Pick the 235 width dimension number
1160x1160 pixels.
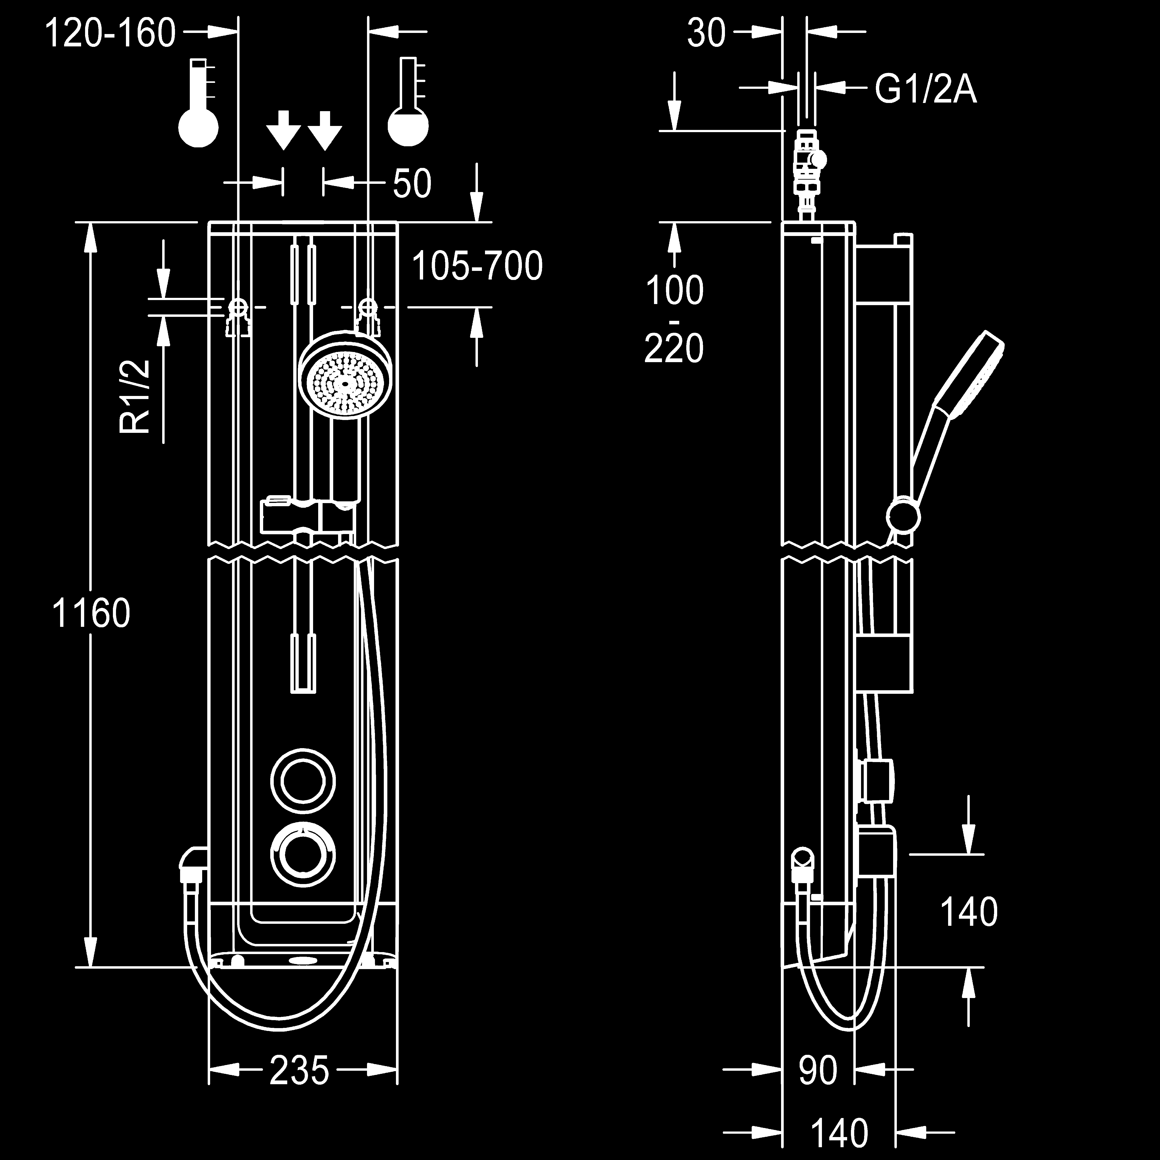pyautogui.click(x=299, y=1070)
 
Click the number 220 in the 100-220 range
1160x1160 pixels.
pyautogui.click(x=674, y=348)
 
